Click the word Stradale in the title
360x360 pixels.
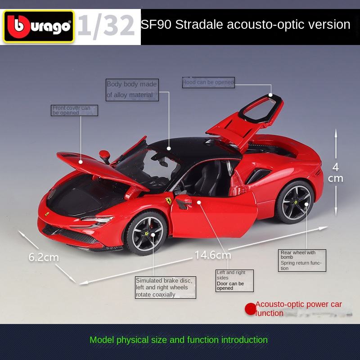pyautogui.click(x=198, y=24)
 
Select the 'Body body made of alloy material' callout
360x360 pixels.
pyautogui.click(x=132, y=90)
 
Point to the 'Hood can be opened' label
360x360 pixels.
pyautogui.click(x=208, y=82)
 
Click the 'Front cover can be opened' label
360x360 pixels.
pyautogui.click(x=74, y=110)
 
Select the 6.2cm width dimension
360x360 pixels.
pyautogui.click(x=44, y=257)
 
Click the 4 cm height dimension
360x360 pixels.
pyautogui.click(x=336, y=173)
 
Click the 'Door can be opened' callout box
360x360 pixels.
pyautogui.click(x=234, y=280)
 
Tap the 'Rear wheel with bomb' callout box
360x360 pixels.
pyautogui.click(x=302, y=260)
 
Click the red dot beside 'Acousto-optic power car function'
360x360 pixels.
pyautogui.click(x=250, y=309)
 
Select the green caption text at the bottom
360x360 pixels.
pyautogui.click(x=179, y=340)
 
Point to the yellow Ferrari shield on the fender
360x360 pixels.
pyautogui.click(x=168, y=201)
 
